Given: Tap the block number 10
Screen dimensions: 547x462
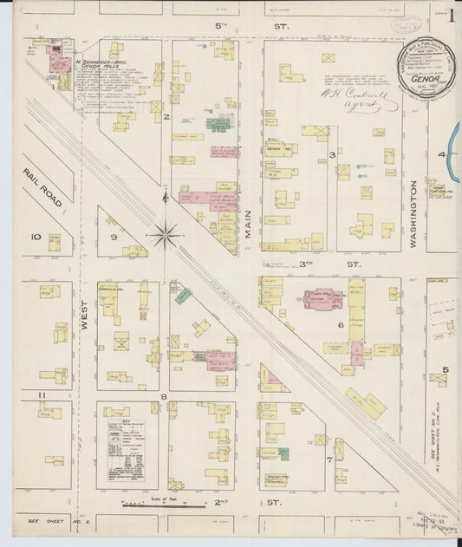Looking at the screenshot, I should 36,236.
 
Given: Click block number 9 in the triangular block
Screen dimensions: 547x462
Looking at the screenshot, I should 113,236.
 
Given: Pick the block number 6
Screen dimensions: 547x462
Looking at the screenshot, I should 341,324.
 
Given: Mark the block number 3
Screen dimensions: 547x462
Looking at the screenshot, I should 332,154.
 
